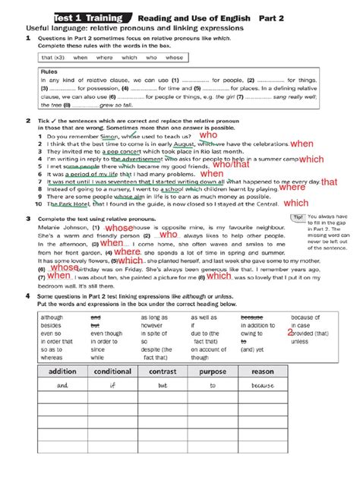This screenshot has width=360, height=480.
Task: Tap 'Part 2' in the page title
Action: coord(283,17)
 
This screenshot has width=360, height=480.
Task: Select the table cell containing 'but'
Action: coord(163,386)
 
